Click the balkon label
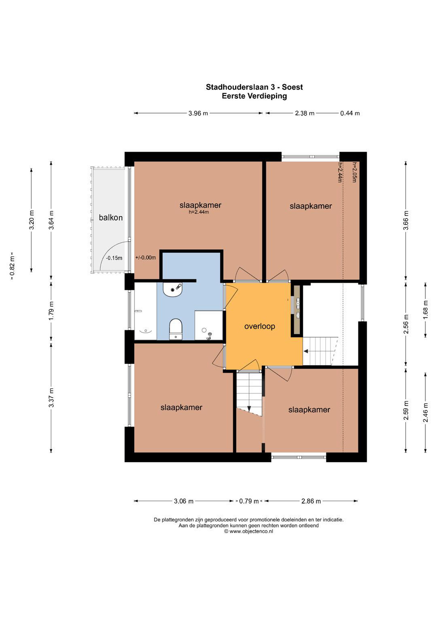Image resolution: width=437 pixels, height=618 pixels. click(x=111, y=218)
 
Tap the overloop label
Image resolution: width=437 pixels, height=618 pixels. click(x=259, y=327)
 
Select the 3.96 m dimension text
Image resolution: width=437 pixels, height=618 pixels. click(x=198, y=113)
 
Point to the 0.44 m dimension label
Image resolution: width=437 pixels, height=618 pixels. click(x=350, y=113)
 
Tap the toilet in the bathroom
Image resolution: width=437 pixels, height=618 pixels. click(x=176, y=329)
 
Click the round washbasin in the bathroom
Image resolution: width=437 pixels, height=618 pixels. click(x=173, y=289)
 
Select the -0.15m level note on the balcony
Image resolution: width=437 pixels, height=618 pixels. click(x=114, y=258)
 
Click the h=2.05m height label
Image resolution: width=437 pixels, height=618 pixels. click(x=355, y=172)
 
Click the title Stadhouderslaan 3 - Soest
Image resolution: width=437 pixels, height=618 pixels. click(x=254, y=87)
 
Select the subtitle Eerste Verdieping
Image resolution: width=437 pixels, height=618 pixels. click(x=254, y=96)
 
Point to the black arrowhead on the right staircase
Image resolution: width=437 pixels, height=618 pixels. click(x=306, y=351)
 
